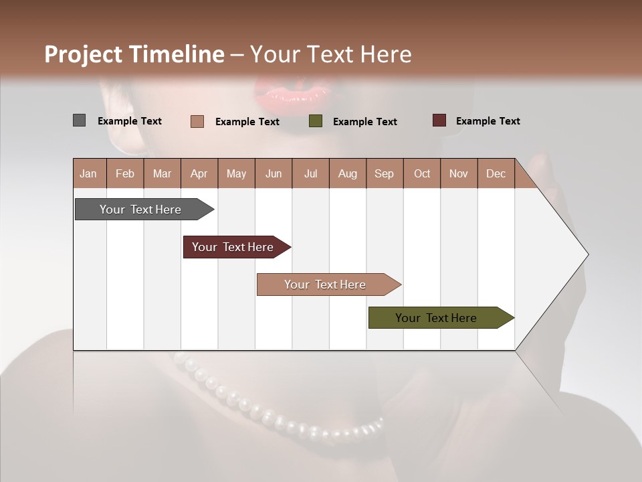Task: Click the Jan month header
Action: pyautogui.click(x=88, y=173)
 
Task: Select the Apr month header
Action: pyautogui.click(x=199, y=173)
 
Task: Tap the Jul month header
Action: pyautogui.click(x=310, y=173)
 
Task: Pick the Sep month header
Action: pyautogui.click(x=384, y=173)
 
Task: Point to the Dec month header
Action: pyautogui.click(x=496, y=173)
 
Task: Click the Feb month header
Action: pyautogui.click(x=125, y=173)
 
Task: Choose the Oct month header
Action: pyautogui.click(x=422, y=173)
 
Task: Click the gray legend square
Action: pyautogui.click(x=79, y=120)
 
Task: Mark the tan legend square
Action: pyautogui.click(x=197, y=121)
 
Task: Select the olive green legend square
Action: pyautogui.click(x=316, y=121)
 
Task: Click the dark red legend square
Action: pyautogui.click(x=439, y=120)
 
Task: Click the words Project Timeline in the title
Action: pyautogui.click(x=134, y=54)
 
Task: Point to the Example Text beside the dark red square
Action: pyautogui.click(x=488, y=121)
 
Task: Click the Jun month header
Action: pyautogui.click(x=274, y=173)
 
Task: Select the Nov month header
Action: pyautogui.click(x=459, y=173)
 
